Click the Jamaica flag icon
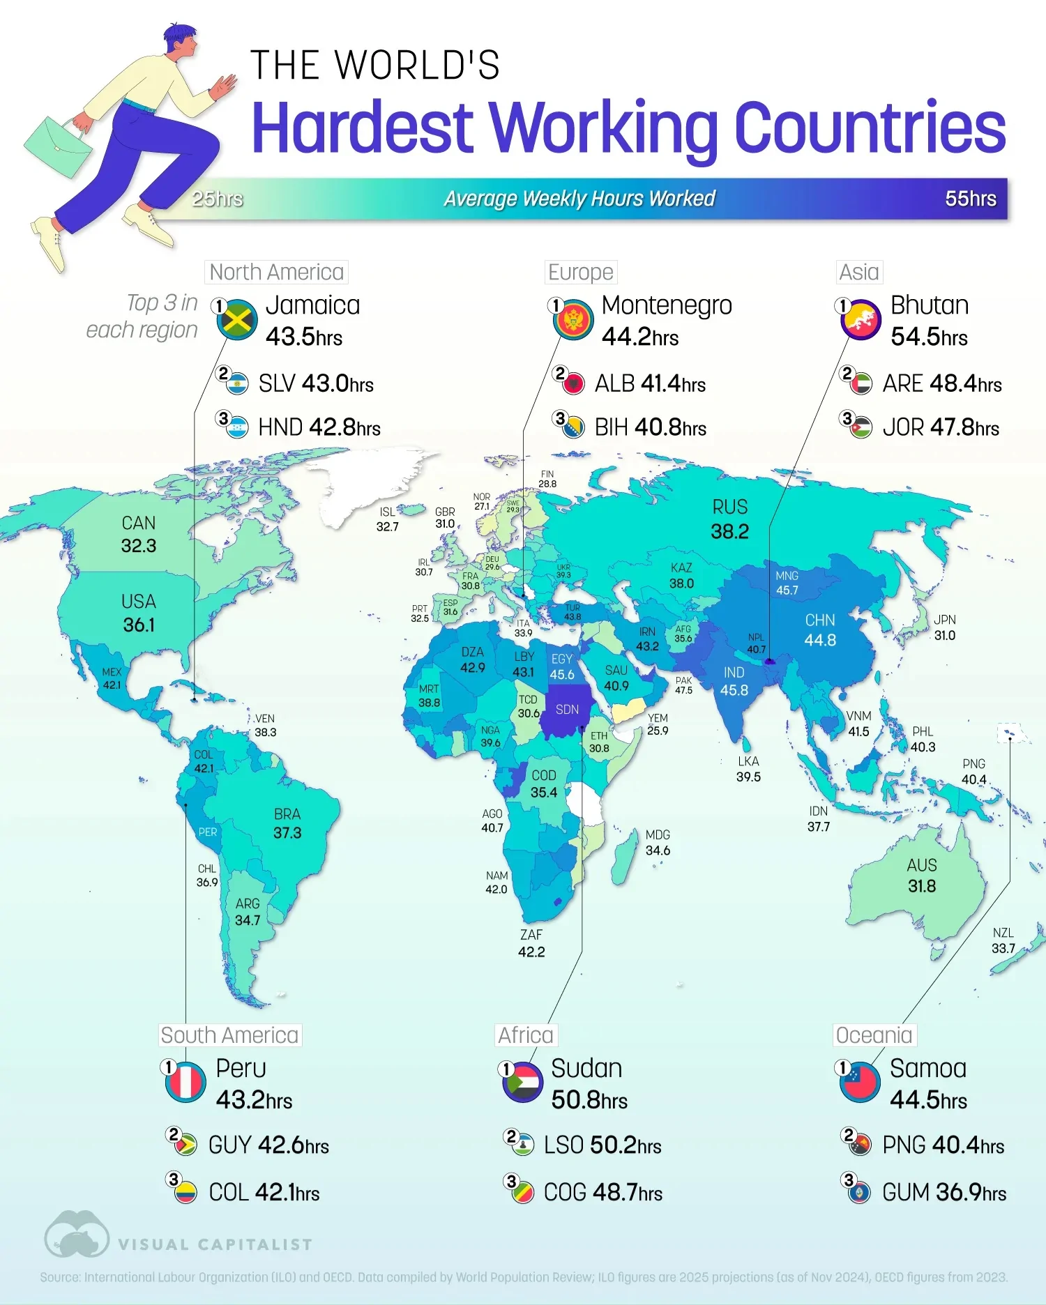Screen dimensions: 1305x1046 (x=237, y=320)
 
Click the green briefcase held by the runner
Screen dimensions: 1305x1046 (x=57, y=146)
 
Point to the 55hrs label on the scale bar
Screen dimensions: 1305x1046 (x=970, y=199)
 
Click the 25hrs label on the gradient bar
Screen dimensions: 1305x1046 (x=218, y=199)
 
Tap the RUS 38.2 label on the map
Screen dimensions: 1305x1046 (x=729, y=520)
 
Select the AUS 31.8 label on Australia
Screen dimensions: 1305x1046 (x=921, y=876)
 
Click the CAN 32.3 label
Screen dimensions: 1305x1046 (x=138, y=535)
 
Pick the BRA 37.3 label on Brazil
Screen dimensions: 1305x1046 (x=287, y=823)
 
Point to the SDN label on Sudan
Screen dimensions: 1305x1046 (x=567, y=710)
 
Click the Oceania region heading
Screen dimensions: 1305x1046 (x=874, y=1035)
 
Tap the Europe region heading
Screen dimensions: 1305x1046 (x=580, y=272)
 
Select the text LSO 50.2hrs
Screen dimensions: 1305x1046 (x=602, y=1145)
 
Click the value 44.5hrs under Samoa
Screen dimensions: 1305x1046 (x=927, y=1100)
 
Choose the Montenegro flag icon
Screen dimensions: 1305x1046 (x=573, y=320)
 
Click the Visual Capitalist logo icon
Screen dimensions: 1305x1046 (x=76, y=1235)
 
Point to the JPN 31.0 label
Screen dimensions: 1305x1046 (x=944, y=627)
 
